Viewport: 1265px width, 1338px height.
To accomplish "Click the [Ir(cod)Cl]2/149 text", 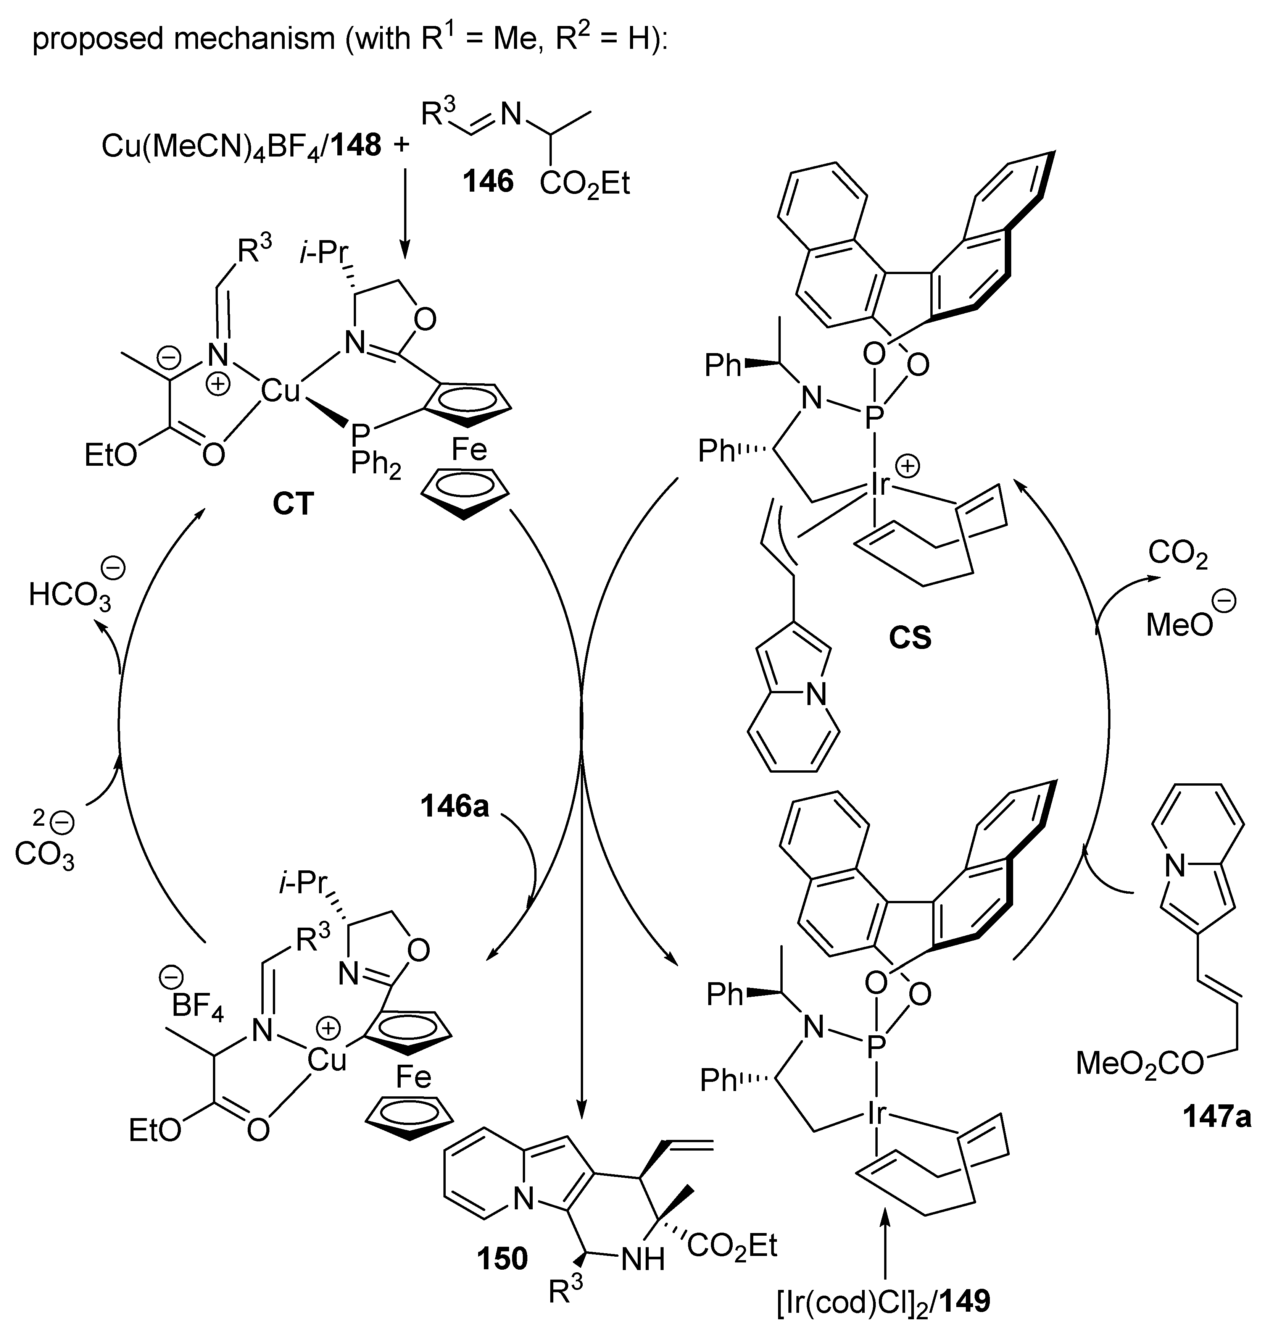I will pos(883,1302).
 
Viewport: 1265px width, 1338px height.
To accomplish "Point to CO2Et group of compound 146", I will pos(584,183).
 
